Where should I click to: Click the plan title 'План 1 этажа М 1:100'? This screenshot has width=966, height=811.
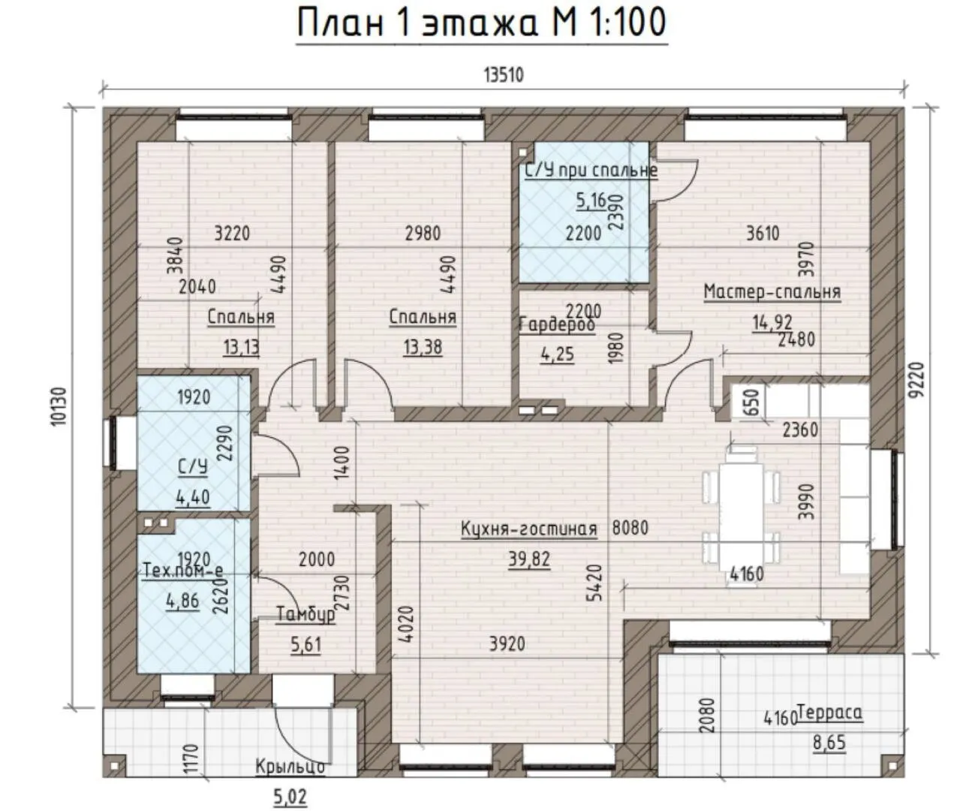pyautogui.click(x=482, y=23)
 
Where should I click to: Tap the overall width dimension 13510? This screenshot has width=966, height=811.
pyautogui.click(x=504, y=75)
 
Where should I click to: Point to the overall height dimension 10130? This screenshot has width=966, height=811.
pyautogui.click(x=60, y=406)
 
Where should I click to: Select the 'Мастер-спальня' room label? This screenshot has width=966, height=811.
pyautogui.click(x=772, y=292)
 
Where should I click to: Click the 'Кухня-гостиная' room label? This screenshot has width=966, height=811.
pyautogui.click(x=529, y=529)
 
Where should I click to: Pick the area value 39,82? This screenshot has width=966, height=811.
pyautogui.click(x=529, y=559)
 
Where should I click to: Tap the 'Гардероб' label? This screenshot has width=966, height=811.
pyautogui.click(x=557, y=324)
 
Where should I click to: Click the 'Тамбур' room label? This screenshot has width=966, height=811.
pyautogui.click(x=305, y=614)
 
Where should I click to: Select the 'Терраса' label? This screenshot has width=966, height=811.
pyautogui.click(x=829, y=713)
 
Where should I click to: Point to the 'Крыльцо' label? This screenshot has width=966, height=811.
pyautogui.click(x=290, y=767)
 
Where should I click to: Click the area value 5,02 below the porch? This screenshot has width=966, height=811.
pyautogui.click(x=290, y=797)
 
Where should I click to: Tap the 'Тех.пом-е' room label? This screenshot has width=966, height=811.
pyautogui.click(x=182, y=570)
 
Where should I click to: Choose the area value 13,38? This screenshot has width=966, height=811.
pyautogui.click(x=423, y=347)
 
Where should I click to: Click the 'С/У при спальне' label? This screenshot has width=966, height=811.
pyautogui.click(x=591, y=170)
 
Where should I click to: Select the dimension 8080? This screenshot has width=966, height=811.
pyautogui.click(x=630, y=528)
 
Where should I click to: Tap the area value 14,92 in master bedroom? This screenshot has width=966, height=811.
pyautogui.click(x=772, y=323)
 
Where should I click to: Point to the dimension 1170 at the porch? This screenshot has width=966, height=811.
pyautogui.click(x=191, y=758)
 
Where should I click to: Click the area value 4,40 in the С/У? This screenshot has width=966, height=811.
pyautogui.click(x=192, y=498)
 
